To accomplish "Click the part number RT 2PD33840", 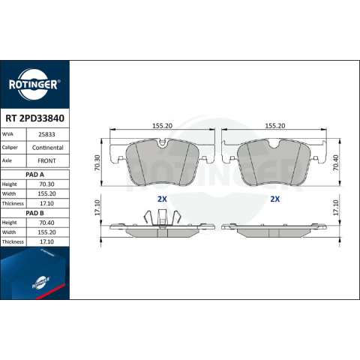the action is (34, 118).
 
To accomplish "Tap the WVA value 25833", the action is (46, 134).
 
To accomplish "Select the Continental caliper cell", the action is (48, 148).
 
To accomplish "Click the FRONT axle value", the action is (46, 160).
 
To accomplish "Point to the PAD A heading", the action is (34, 175).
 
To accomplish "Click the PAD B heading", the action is (34, 213).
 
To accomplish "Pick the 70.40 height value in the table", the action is (46, 223).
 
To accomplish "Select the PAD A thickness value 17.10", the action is (46, 203).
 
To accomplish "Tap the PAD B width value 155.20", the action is (46, 232).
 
